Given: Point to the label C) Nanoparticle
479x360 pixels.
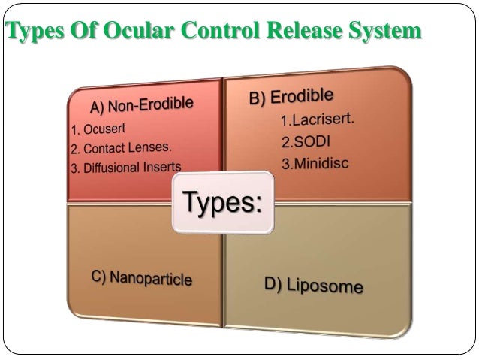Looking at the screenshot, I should click(141, 277).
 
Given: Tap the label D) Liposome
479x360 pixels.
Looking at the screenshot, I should click(313, 285).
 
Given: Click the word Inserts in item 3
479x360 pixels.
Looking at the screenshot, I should click(161, 166).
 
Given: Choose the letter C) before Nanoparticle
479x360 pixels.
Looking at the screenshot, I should click(98, 276).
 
